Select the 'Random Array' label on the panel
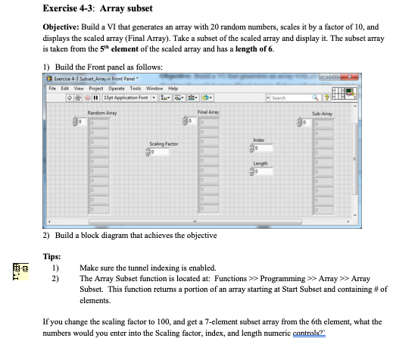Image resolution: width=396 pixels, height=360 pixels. click(x=101, y=112)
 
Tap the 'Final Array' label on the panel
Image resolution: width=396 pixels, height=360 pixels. click(x=207, y=112)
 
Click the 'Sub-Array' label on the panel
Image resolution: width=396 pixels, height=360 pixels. click(x=323, y=112)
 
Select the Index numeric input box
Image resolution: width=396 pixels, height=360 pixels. click(x=263, y=146)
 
